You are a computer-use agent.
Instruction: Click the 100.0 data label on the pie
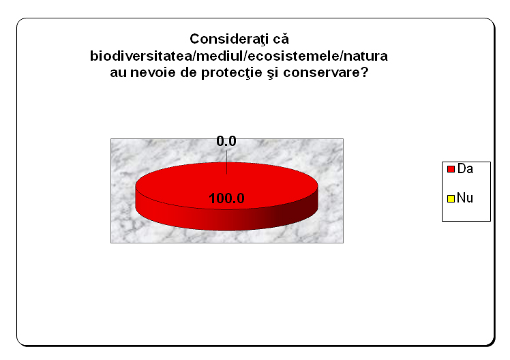tap(226, 198)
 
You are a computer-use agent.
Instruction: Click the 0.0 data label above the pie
tap(226, 141)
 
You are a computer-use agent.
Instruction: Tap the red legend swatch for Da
tap(451, 169)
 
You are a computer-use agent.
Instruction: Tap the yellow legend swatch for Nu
tap(451, 198)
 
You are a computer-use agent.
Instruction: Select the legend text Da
tap(465, 169)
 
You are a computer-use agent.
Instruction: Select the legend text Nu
tap(465, 198)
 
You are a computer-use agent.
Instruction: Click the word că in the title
tap(281, 40)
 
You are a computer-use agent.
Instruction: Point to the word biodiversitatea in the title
tap(141, 56)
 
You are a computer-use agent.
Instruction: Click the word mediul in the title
tap(220, 56)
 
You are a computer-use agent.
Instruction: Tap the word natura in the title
tap(365, 57)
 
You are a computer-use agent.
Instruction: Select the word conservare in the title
tap(322, 73)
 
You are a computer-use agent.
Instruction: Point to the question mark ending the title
tap(364, 72)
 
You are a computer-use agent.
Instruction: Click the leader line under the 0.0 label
tap(226, 162)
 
